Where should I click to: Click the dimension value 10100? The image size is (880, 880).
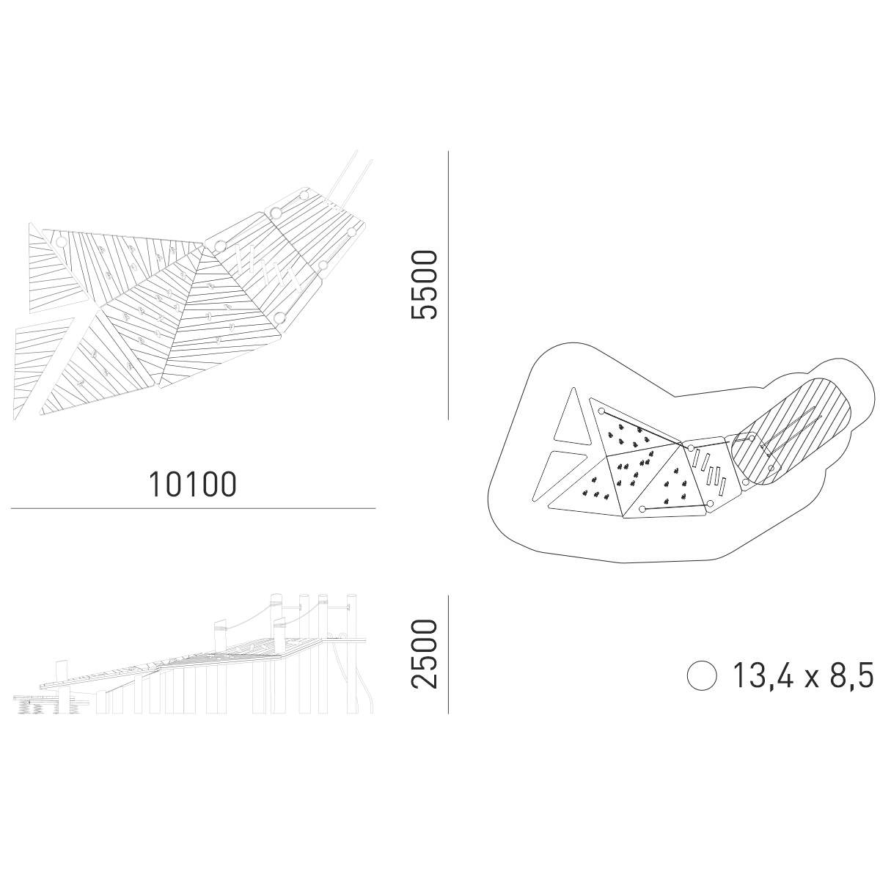(193, 485)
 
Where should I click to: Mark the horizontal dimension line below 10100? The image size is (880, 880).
(193, 508)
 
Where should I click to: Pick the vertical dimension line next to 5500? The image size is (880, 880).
(449, 285)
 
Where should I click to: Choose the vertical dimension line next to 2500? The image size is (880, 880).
(449, 654)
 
